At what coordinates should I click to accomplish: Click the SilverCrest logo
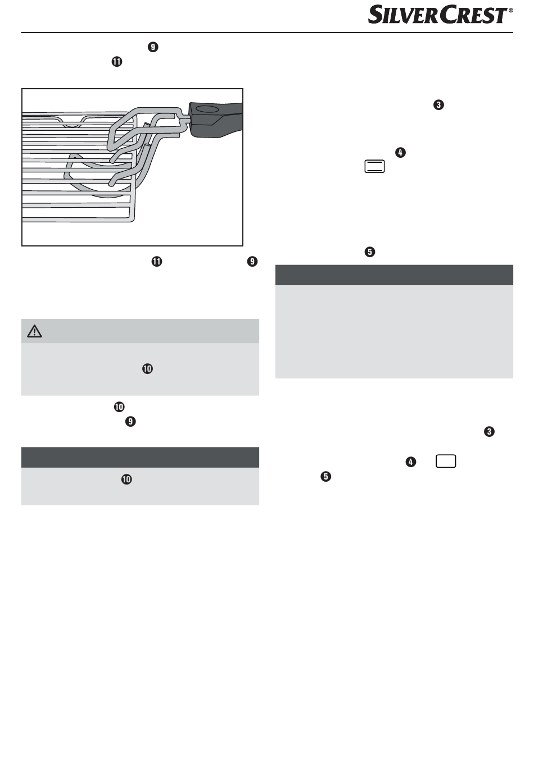pyautogui.click(x=438, y=15)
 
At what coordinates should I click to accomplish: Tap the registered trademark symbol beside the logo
pyautogui.click(x=511, y=10)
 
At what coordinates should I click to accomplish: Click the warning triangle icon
pyautogui.click(x=34, y=331)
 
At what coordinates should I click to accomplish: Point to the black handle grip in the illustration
pyautogui.click(x=216, y=119)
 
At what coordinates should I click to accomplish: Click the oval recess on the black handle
pyautogui.click(x=207, y=109)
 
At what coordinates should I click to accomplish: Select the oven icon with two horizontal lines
pyautogui.click(x=374, y=166)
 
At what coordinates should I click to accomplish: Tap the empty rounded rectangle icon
pyautogui.click(x=446, y=461)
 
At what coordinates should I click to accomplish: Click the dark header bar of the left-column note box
pyautogui.click(x=140, y=458)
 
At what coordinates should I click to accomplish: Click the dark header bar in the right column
pyautogui.click(x=394, y=275)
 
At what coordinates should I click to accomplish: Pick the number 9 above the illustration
pyautogui.click(x=153, y=47)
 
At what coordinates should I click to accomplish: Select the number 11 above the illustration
pyautogui.click(x=116, y=62)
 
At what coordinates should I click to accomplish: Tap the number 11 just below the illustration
pyautogui.click(x=157, y=262)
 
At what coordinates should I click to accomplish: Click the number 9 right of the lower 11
pyautogui.click(x=252, y=262)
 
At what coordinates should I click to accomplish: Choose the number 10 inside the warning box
pyautogui.click(x=147, y=369)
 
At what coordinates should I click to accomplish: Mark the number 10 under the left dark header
pyautogui.click(x=126, y=479)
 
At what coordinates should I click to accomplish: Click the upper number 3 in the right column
pyautogui.click(x=438, y=105)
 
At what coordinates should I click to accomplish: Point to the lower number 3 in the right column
pyautogui.click(x=489, y=432)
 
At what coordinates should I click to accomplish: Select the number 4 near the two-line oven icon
pyautogui.click(x=400, y=152)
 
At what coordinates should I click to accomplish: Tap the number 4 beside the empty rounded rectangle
pyautogui.click(x=410, y=462)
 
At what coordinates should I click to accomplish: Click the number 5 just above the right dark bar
pyautogui.click(x=370, y=252)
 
